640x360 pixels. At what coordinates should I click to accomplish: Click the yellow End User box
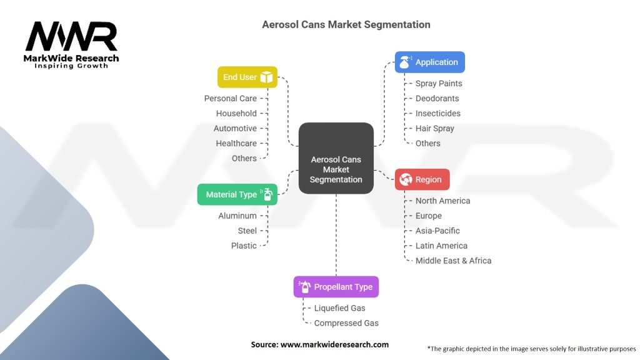click(x=247, y=77)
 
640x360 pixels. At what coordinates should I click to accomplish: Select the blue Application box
click(x=430, y=62)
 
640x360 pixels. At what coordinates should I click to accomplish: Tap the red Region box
click(x=422, y=179)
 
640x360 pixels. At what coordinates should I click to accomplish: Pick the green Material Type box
click(x=237, y=194)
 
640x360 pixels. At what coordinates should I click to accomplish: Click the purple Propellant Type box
click(x=336, y=286)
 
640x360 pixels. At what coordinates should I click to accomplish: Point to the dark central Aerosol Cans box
click(x=336, y=158)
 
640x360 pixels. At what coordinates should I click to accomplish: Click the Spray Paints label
click(x=439, y=84)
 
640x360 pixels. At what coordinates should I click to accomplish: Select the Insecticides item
click(x=438, y=114)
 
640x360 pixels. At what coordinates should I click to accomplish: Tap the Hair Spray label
click(x=435, y=129)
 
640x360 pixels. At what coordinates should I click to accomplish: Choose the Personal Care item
click(x=230, y=98)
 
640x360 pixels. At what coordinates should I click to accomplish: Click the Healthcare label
click(x=236, y=143)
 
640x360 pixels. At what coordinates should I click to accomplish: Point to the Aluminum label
click(x=237, y=216)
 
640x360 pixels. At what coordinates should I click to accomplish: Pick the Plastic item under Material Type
click(x=244, y=246)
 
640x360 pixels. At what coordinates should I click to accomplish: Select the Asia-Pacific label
click(x=437, y=231)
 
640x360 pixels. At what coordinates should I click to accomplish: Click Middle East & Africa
click(x=454, y=261)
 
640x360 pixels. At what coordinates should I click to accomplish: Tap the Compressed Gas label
click(x=346, y=323)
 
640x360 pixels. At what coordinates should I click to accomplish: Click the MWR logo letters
click(x=71, y=36)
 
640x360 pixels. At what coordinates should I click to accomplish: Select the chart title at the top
click(x=346, y=24)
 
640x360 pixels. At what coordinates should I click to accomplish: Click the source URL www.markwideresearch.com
click(x=334, y=344)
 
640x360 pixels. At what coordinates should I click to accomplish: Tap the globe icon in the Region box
click(x=406, y=179)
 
